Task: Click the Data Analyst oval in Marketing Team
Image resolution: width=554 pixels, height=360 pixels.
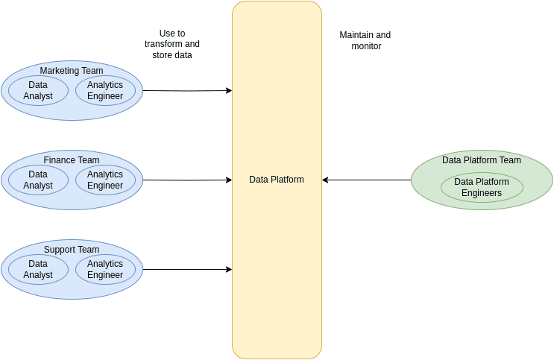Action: click(x=38, y=90)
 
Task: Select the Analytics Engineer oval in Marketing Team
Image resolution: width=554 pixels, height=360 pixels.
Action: click(x=105, y=90)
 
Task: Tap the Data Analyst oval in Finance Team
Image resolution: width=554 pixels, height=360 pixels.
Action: click(x=38, y=180)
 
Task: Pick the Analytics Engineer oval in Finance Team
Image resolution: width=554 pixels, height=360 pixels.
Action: click(x=105, y=180)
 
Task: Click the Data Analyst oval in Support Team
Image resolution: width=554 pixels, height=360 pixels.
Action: click(x=38, y=269)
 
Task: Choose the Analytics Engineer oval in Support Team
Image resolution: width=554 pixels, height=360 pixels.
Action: click(x=105, y=269)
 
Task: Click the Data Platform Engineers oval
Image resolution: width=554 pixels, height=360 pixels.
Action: click(x=482, y=187)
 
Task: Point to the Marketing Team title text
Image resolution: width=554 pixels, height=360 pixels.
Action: click(x=72, y=71)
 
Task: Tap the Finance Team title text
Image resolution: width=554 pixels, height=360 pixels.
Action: click(x=72, y=160)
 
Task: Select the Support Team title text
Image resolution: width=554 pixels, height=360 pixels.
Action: click(x=72, y=250)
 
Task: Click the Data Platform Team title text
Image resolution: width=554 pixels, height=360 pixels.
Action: click(x=482, y=160)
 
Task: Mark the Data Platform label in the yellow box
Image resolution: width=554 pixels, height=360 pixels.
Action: click(x=277, y=180)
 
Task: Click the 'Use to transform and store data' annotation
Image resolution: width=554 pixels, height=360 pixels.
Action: click(x=172, y=44)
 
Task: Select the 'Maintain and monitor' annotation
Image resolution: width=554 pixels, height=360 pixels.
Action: click(x=365, y=40)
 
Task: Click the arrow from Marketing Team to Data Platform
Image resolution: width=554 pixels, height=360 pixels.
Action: click(x=186, y=91)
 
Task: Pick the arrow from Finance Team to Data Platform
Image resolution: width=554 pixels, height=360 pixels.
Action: click(x=186, y=180)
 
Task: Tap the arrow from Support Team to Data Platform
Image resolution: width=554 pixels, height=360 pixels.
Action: click(x=186, y=269)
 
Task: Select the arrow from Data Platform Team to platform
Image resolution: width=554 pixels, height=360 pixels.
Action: click(x=367, y=180)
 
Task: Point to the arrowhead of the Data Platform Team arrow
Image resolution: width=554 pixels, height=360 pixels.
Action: click(x=326, y=180)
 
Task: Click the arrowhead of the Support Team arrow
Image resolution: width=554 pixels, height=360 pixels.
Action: click(x=228, y=269)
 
